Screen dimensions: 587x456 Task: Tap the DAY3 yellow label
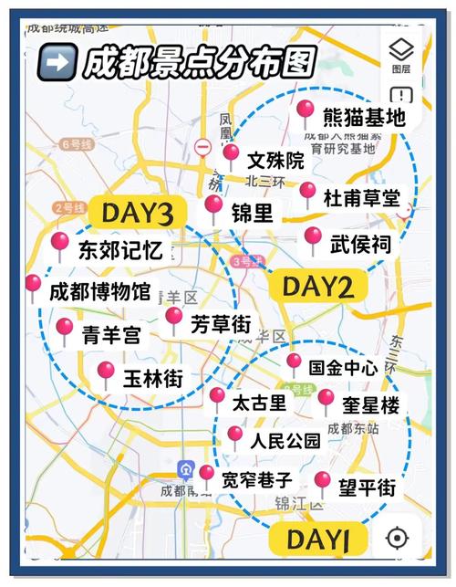138,214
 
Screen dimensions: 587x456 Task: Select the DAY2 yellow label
317,287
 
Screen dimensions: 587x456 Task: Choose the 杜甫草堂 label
362,197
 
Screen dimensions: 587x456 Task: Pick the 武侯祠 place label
361,244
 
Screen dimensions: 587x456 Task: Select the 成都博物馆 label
100,292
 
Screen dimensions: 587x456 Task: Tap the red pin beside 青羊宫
64,330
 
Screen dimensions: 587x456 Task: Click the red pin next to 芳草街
173,319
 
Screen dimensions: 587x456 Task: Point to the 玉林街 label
152,377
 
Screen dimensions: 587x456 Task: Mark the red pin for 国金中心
294,363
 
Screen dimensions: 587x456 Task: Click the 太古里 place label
259,403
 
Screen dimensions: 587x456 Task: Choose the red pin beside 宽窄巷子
206,476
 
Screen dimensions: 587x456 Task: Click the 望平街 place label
368,487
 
